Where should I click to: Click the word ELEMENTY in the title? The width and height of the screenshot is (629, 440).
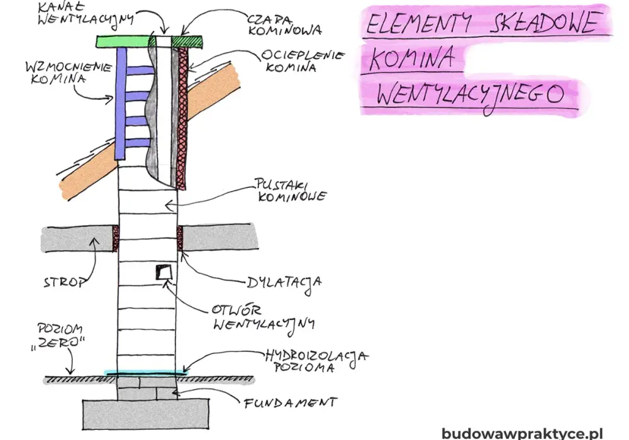pyautogui.click(x=419, y=23)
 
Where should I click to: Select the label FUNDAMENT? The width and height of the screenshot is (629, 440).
pyautogui.click(x=291, y=402)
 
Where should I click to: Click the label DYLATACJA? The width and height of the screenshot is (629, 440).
pyautogui.click(x=284, y=283)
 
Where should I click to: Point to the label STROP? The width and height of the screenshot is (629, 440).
pyautogui.click(x=65, y=282)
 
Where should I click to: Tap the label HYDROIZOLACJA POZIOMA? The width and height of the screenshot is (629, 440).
pyautogui.click(x=316, y=361)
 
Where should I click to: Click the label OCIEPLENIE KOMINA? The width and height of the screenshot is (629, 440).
pyautogui.click(x=303, y=60)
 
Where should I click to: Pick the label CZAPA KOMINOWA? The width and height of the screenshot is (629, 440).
pyautogui.click(x=284, y=25)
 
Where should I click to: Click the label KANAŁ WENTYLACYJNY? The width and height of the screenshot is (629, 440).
pyautogui.click(x=86, y=13)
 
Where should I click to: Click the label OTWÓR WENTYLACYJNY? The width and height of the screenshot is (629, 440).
pyautogui.click(x=264, y=317)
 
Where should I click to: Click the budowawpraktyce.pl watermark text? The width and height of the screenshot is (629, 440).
pyautogui.click(x=522, y=433)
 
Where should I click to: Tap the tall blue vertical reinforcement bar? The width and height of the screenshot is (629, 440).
pyautogui.click(x=121, y=103)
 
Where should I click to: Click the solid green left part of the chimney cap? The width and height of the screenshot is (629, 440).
pyautogui.click(x=123, y=41)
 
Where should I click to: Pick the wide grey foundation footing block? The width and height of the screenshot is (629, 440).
pyautogui.click(x=146, y=414)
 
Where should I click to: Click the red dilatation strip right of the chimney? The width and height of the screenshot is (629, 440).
pyautogui.click(x=180, y=238)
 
